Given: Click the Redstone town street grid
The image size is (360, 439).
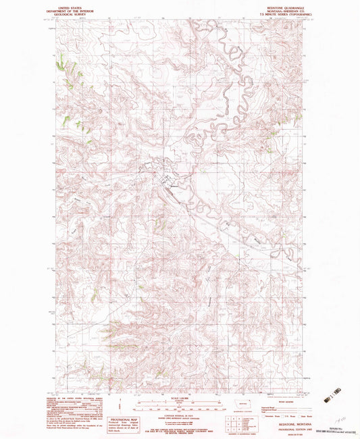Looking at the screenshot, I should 164,178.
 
